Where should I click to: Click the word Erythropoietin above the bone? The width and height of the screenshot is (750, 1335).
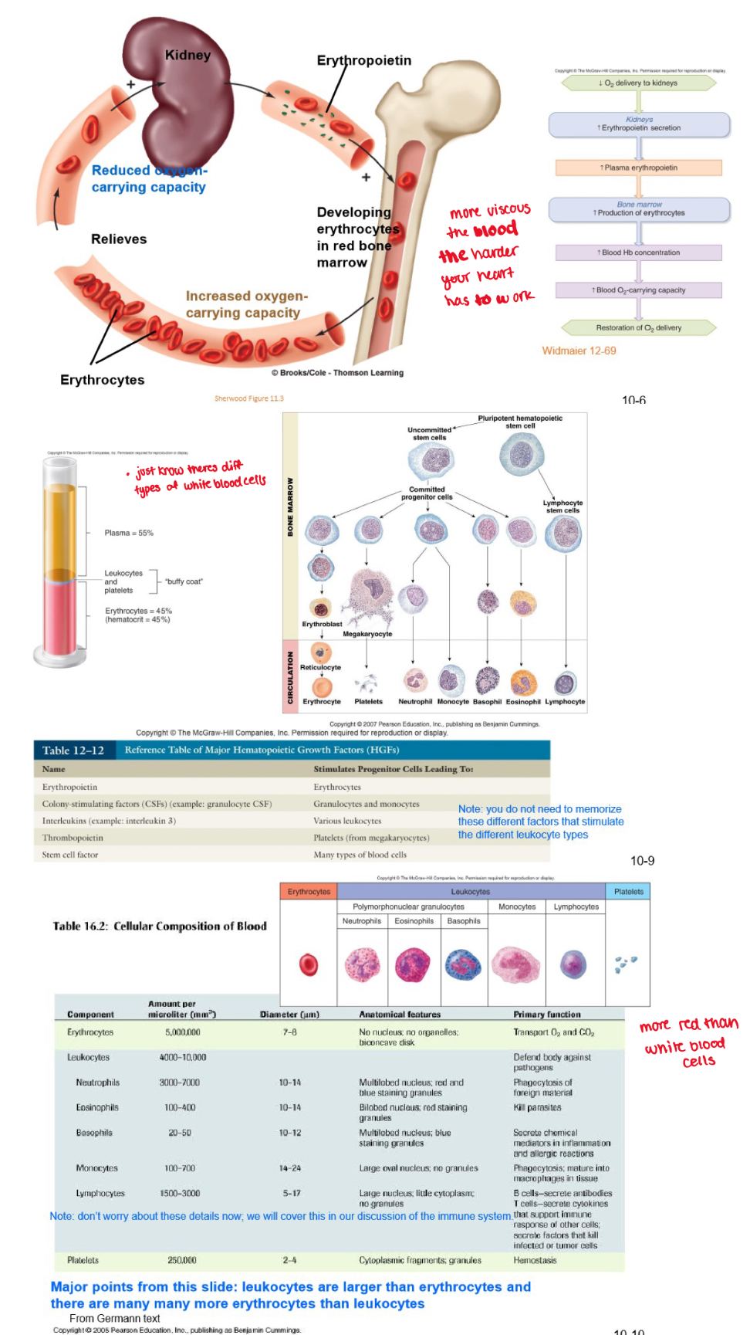point(363,60)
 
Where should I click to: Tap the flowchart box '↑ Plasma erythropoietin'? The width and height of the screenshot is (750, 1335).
point(639,168)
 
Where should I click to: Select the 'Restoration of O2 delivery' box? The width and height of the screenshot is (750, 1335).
point(639,327)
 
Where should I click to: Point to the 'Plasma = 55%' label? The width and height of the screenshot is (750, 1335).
point(129,533)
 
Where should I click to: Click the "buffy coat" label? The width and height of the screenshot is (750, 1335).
point(184,581)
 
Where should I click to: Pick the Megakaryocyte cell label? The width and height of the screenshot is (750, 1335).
point(367,634)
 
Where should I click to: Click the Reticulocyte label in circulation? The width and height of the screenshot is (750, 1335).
point(320,667)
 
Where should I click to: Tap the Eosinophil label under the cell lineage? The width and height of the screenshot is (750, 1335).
point(523,702)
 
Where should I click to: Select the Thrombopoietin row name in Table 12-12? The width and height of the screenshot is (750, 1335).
point(73,838)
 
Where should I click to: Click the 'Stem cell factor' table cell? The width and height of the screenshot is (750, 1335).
point(70,855)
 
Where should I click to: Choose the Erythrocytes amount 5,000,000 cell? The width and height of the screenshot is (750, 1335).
point(183,1032)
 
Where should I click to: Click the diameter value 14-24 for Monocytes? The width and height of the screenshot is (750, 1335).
point(290,1168)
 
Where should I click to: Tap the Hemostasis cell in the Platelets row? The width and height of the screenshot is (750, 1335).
point(535,1260)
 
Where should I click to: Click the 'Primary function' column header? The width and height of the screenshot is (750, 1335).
point(547,1015)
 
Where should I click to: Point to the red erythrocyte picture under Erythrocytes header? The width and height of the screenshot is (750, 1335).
point(309,964)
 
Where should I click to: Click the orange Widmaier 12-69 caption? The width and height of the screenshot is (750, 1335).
point(579,351)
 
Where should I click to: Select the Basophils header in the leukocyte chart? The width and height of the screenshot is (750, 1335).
point(464,921)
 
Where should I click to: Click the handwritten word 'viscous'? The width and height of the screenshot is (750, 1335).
point(508,209)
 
